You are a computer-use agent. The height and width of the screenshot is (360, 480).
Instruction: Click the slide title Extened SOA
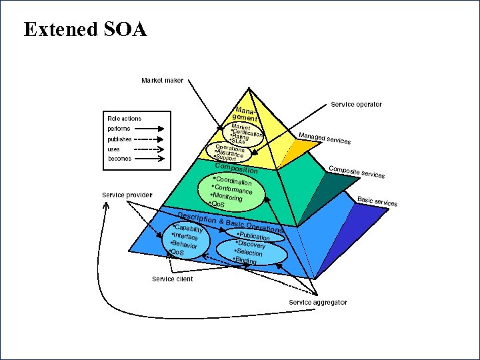coord(85,29)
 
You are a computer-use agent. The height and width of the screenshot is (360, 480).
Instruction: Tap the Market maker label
coord(162,81)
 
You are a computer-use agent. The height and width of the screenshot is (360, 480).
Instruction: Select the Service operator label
coord(356,105)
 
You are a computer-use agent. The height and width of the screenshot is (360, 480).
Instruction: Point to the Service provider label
coord(127,195)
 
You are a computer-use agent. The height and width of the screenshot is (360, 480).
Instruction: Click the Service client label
coord(172,279)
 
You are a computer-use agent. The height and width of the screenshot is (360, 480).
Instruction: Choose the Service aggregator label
coord(317,303)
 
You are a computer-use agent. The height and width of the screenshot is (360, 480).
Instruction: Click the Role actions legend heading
coord(125,119)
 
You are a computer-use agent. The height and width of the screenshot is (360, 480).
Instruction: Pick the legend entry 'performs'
coord(119,129)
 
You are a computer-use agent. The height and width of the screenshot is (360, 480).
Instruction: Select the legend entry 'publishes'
coord(120,139)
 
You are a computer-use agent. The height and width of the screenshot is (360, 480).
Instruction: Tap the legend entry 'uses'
coord(114,149)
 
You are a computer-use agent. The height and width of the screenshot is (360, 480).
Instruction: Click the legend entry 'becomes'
coord(120,159)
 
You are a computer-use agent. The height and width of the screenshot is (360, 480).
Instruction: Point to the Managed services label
coord(325,139)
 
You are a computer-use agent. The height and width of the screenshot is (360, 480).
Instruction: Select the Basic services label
coord(377,201)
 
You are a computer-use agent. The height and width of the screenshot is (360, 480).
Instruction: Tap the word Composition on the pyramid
coord(236,168)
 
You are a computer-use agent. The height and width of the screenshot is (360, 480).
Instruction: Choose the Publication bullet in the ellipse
coord(255,236)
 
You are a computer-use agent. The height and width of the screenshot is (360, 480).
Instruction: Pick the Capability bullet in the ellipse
coord(189,230)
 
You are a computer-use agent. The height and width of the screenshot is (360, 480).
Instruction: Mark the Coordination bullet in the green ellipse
coord(233,182)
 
